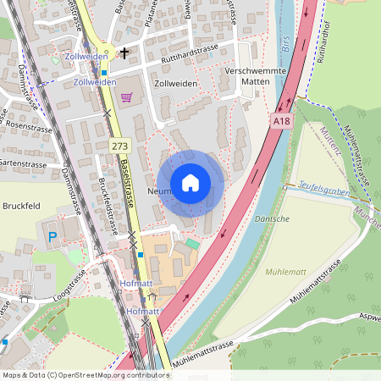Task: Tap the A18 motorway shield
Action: [283, 122]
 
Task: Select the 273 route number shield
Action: [120, 146]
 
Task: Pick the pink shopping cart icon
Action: [126, 97]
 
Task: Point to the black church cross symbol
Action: [124, 53]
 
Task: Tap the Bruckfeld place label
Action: [22, 206]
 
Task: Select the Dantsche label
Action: [272, 219]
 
